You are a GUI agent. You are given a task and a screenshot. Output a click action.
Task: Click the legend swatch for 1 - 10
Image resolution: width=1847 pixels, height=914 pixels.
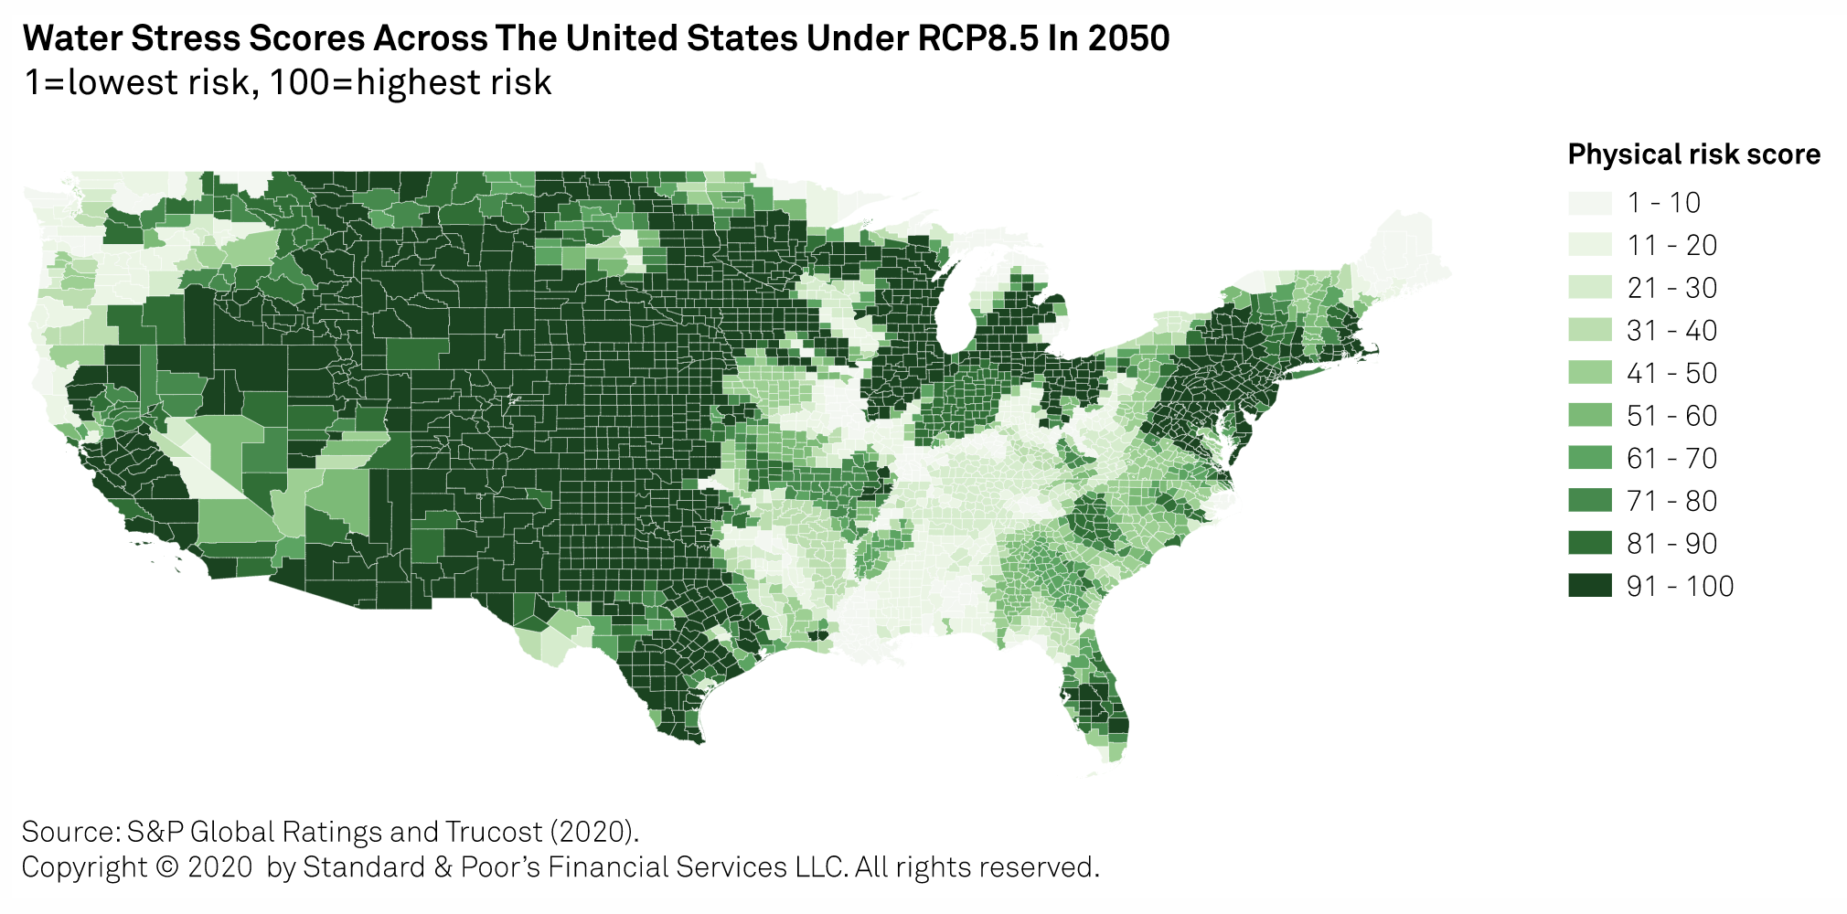(x=1589, y=203)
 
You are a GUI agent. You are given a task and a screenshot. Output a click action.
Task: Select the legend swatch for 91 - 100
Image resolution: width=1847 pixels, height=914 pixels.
(x=1589, y=586)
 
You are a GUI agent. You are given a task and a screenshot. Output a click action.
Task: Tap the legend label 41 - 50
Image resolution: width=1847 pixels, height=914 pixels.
(x=1671, y=373)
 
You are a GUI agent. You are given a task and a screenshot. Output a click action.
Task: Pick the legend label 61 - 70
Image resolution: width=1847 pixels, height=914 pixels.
(x=1671, y=458)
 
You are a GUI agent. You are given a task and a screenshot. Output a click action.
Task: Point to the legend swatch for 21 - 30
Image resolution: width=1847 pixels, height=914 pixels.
(x=1589, y=288)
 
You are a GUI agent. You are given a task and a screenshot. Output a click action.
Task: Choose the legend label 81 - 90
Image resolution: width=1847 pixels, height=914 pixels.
(x=1671, y=544)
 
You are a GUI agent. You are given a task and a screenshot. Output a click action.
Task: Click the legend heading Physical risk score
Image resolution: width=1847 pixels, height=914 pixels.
(x=1693, y=154)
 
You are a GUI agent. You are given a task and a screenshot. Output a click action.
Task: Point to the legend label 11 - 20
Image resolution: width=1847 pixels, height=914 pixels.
(x=1671, y=245)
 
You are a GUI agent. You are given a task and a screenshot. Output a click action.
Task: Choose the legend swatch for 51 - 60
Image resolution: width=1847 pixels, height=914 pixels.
(x=1589, y=416)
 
